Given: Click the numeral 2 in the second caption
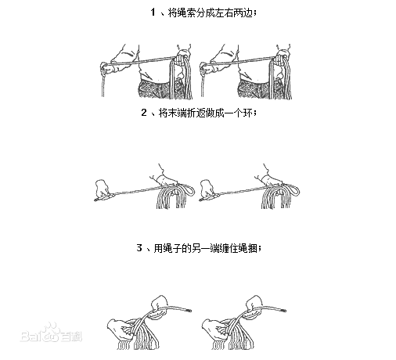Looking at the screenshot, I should pyautogui.click(x=145, y=113).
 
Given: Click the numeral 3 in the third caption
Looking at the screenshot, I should pyautogui.click(x=138, y=248).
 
